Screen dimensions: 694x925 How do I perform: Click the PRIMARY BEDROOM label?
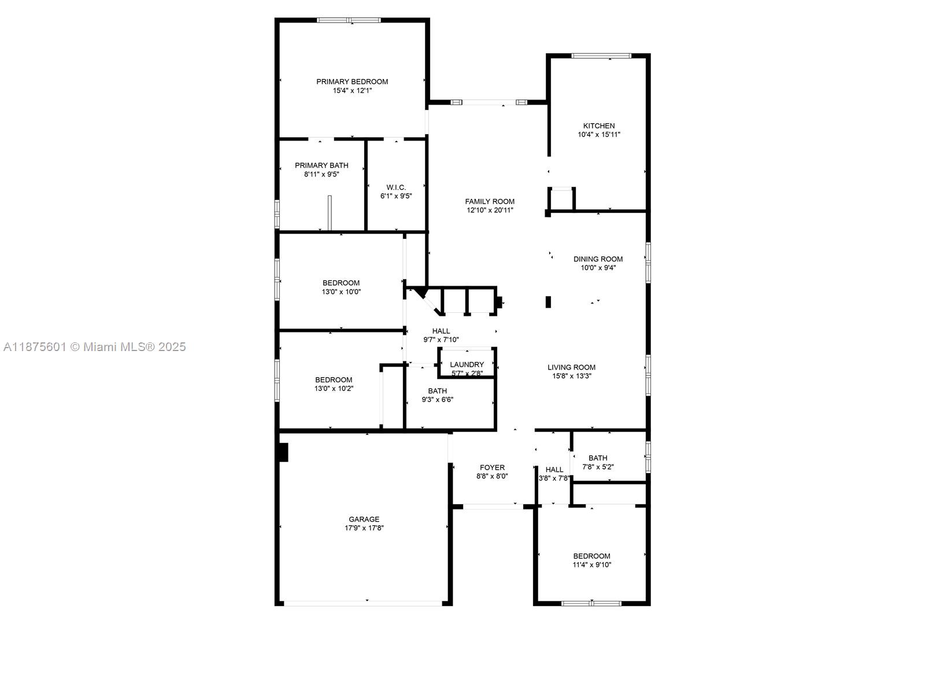352,82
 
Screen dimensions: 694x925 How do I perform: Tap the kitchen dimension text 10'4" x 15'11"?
599,135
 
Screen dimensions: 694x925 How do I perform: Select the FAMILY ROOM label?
490,201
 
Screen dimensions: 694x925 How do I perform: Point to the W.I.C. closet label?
396,187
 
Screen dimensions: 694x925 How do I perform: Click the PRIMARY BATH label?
321,165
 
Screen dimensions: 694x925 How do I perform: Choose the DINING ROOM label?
598,259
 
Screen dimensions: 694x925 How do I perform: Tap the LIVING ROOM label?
571,367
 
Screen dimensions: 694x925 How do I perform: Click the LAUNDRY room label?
467,364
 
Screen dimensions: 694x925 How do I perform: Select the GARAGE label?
364,519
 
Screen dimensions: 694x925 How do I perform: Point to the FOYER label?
492,467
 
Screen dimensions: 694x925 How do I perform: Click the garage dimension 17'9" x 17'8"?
364,528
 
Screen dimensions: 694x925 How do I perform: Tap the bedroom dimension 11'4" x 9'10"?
592,565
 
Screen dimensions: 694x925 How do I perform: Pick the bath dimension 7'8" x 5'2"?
598,467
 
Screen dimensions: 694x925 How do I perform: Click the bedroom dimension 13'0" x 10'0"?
341,292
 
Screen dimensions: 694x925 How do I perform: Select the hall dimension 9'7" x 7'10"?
441,340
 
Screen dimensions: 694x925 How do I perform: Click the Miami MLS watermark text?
94,347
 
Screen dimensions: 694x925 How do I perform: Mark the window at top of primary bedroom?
349,20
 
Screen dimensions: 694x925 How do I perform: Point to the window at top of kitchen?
601,56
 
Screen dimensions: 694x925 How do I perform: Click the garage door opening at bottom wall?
363,603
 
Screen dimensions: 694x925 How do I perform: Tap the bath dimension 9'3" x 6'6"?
437,400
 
